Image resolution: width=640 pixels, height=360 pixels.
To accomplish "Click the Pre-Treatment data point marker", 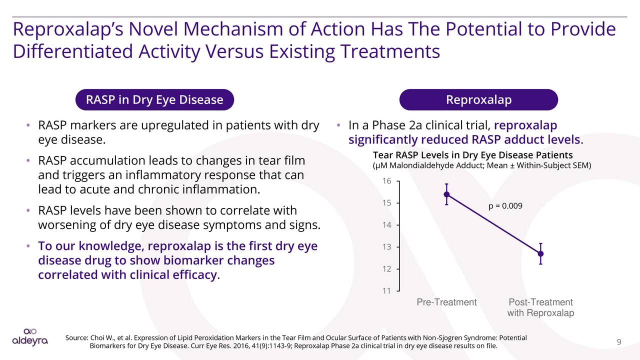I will click(x=446, y=194).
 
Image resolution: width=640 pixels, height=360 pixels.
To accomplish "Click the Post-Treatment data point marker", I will click(x=540, y=253).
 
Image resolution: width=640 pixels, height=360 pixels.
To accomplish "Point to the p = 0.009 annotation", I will click(x=505, y=205).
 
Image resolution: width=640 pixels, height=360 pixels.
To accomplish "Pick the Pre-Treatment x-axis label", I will click(x=446, y=302).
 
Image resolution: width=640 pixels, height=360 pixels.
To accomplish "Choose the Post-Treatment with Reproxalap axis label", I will click(x=540, y=307).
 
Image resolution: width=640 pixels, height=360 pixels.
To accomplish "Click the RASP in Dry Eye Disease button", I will click(x=154, y=100).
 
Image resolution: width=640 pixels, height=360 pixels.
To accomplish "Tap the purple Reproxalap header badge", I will click(x=478, y=100).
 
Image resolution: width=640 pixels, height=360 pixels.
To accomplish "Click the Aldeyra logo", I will click(x=30, y=337).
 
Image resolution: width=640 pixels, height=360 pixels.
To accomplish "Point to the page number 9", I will click(x=618, y=342).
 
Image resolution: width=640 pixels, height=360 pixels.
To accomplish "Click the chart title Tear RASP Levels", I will click(x=472, y=155).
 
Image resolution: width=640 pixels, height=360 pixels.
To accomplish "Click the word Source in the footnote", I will click(x=76, y=338).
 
